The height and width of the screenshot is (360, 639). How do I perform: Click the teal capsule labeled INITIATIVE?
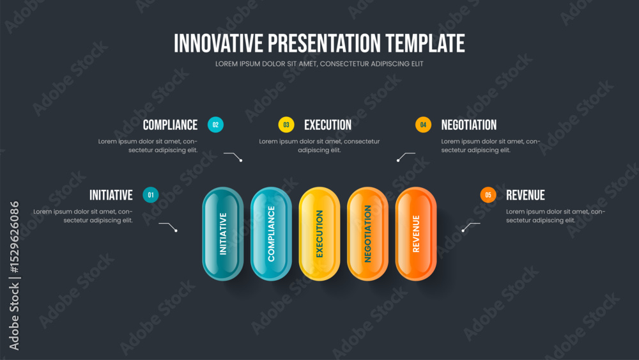tap(223, 233)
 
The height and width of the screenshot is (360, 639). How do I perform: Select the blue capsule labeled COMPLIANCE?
tap(271, 233)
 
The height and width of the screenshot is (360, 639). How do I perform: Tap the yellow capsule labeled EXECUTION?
tap(319, 233)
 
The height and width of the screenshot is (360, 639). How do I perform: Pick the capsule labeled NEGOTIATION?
tap(367, 233)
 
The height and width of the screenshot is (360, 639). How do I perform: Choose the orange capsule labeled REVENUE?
tap(416, 233)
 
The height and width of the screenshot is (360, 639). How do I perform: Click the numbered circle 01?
tap(151, 195)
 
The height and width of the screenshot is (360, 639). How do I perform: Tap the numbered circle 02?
tap(215, 125)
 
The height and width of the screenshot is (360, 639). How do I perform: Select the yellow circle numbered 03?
tap(286, 125)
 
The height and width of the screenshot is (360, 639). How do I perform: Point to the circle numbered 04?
tap(423, 125)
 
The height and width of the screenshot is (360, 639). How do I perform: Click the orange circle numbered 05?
tap(488, 195)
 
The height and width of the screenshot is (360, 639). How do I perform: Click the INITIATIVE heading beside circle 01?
tap(111, 195)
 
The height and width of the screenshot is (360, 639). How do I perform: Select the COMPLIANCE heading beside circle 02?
tap(171, 125)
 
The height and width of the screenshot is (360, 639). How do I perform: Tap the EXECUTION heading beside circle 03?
tap(328, 125)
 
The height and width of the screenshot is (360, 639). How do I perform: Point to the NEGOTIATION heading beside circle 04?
tap(468, 125)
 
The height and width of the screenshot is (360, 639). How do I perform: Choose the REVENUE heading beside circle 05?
tap(525, 195)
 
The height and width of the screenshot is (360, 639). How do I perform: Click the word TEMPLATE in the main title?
tap(425, 43)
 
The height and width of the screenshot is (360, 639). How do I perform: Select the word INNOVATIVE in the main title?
tap(219, 43)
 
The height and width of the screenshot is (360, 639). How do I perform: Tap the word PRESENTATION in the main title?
tap(325, 43)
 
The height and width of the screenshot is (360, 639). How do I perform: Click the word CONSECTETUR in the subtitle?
tap(344, 64)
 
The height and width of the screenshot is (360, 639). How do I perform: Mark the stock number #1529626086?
tap(14, 237)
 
